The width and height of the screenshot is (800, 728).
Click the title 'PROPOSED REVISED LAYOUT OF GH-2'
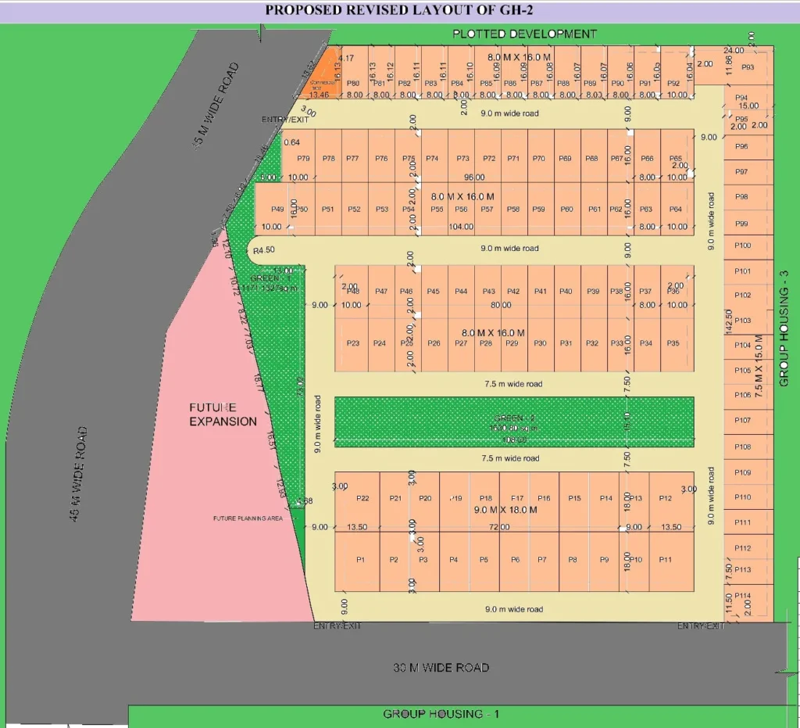coord(399,10)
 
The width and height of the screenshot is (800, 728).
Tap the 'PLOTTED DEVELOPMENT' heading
coord(524,34)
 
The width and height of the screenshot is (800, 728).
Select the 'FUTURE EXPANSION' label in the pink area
coord(223,414)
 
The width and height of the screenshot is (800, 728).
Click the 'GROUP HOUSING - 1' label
coord(441,714)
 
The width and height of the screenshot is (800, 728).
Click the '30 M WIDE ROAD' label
coord(441,667)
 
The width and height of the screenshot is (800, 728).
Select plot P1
coord(360,560)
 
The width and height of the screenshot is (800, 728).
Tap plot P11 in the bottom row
coord(666,560)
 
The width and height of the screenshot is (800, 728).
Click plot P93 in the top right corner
coord(748,67)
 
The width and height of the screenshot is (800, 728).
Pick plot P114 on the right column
coord(743,595)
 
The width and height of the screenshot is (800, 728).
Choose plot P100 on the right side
coord(743,246)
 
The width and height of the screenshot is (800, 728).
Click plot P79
coord(304,159)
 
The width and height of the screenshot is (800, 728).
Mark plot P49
coord(277,209)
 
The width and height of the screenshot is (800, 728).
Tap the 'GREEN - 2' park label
coord(513,418)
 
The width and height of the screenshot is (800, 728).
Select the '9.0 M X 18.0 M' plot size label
coord(506,510)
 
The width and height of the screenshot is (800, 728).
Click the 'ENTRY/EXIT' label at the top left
coord(285,120)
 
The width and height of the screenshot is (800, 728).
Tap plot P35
coord(673,343)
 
